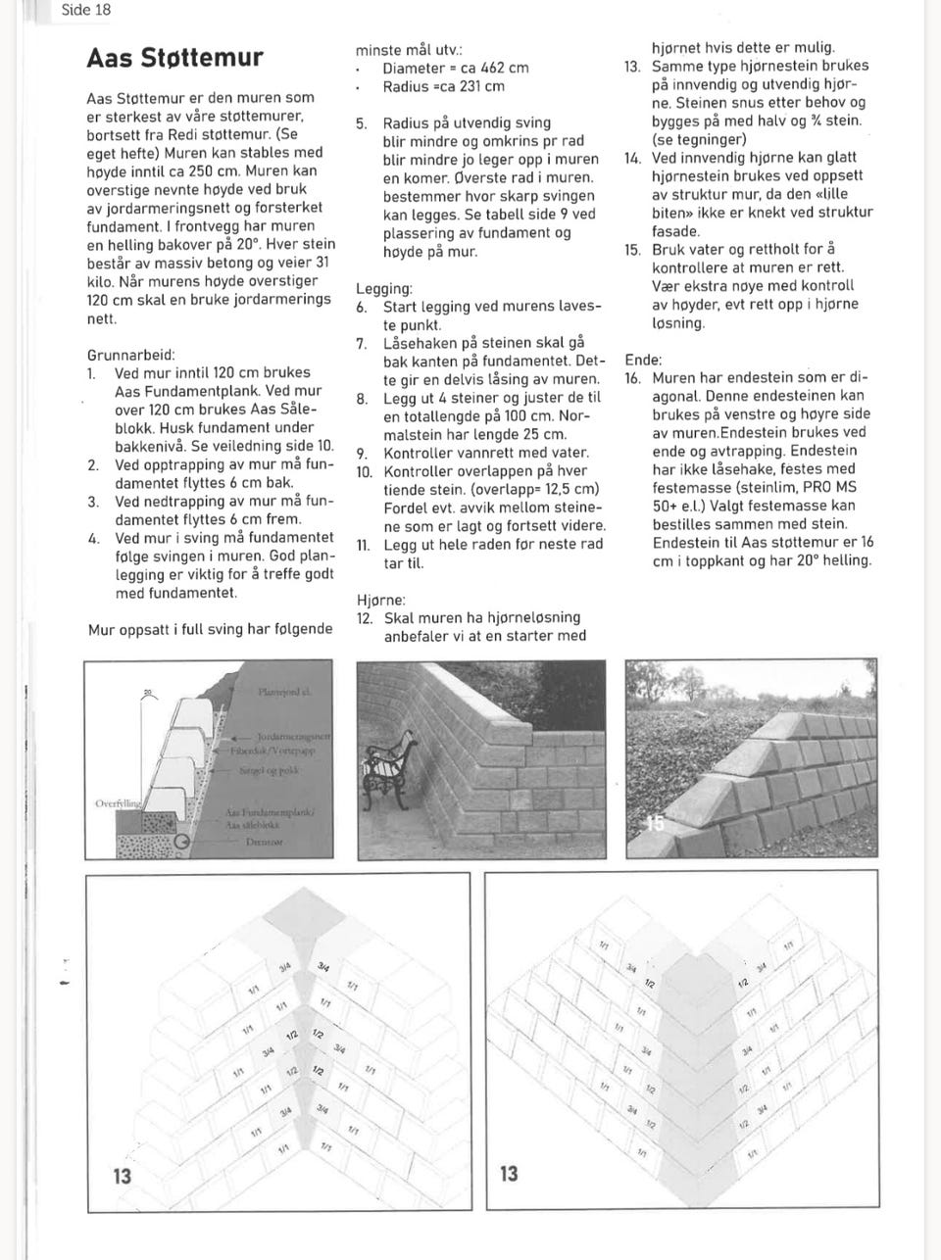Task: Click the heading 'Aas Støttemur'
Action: pos(175,57)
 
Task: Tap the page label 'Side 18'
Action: pos(86,11)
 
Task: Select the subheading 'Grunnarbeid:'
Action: pos(131,355)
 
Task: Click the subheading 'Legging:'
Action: pos(383,289)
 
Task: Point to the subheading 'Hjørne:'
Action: pos(380,600)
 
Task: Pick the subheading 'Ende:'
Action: pos(643,360)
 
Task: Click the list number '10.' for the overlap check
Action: pos(364,471)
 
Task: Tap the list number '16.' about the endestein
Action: pos(633,378)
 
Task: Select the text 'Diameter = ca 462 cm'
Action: pos(455,69)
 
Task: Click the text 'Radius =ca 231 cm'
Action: pos(443,86)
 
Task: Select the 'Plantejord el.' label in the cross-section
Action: pos(283,692)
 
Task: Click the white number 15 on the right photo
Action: pos(654,824)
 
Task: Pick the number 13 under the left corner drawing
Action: pos(121,1175)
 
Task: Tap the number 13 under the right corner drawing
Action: pos(509,1173)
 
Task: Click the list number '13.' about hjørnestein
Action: pos(632,66)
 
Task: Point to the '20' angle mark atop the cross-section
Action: pos(147,693)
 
